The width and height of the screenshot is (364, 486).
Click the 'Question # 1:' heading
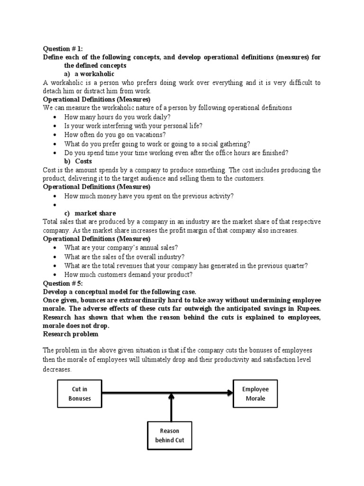[x=63, y=49]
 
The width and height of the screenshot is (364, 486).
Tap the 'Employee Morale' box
[x=255, y=393]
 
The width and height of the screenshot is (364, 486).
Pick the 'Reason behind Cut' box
[x=169, y=435]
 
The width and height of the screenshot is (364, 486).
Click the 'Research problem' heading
[x=71, y=334]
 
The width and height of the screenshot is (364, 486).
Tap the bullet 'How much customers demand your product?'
[x=128, y=274]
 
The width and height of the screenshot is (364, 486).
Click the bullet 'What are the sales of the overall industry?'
[x=124, y=257]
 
